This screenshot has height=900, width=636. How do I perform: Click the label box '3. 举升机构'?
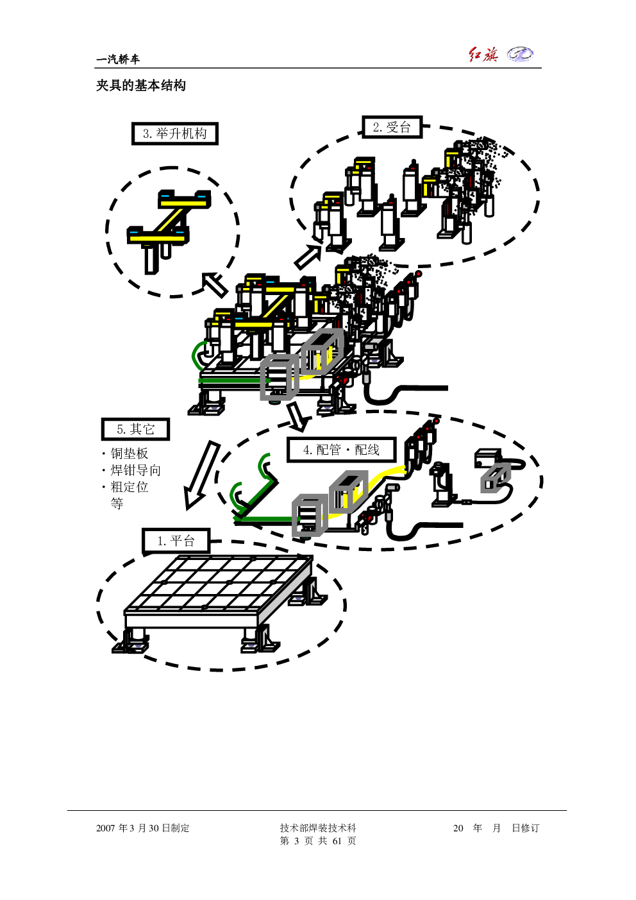(x=174, y=133)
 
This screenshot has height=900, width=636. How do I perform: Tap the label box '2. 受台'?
(x=392, y=127)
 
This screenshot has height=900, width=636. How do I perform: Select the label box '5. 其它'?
(x=135, y=429)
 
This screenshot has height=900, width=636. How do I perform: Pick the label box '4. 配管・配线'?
(x=341, y=450)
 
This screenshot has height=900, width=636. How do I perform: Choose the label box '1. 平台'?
(x=176, y=541)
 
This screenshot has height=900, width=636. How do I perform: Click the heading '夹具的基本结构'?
(x=141, y=85)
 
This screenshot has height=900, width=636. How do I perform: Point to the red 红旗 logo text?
(x=483, y=55)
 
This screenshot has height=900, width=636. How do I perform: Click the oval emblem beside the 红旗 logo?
(x=520, y=54)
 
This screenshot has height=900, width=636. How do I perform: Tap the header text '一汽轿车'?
(x=118, y=60)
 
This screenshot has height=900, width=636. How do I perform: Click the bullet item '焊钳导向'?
(x=136, y=470)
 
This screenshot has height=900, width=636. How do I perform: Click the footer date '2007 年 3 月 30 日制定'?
(x=142, y=828)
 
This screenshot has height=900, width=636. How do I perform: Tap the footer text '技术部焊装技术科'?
(x=318, y=828)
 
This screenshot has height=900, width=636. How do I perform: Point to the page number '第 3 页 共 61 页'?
(x=318, y=840)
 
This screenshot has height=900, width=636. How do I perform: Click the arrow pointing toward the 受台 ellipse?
(x=308, y=257)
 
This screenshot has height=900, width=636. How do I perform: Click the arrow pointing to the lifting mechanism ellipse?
(x=214, y=284)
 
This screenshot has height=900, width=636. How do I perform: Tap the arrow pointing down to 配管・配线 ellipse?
(x=298, y=416)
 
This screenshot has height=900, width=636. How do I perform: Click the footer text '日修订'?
(x=525, y=828)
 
